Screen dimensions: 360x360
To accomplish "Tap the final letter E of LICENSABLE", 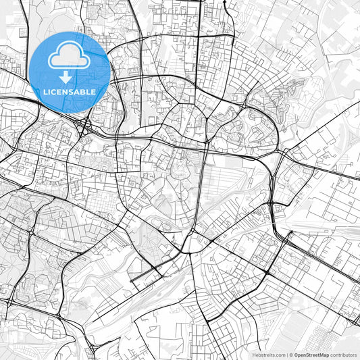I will (94, 91).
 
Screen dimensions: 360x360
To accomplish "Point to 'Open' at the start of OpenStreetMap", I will (301, 355).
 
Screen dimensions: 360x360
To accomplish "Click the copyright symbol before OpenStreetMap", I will (292, 355).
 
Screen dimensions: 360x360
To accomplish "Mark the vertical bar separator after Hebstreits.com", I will (288, 355).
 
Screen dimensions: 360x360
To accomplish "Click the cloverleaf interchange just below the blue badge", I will (84, 124).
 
